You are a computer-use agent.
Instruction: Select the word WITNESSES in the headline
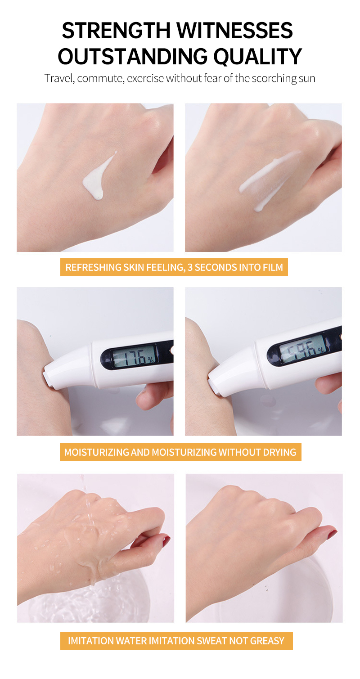click(x=234, y=31)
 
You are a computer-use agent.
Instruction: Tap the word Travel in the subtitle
click(x=58, y=78)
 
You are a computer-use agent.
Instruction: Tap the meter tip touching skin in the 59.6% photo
click(x=212, y=386)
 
